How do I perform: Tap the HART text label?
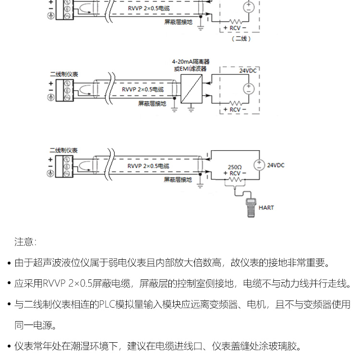[x=266, y=208]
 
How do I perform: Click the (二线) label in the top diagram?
[x=241, y=39]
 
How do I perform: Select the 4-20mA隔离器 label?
[x=191, y=62]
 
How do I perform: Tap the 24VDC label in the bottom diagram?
[x=276, y=165]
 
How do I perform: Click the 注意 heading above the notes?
[x=25, y=241]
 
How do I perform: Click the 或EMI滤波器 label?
[x=190, y=69]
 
